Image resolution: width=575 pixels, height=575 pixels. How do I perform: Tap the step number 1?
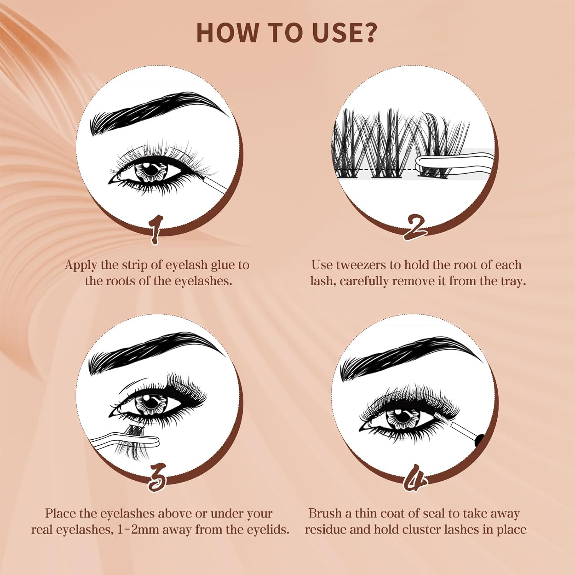[156, 230]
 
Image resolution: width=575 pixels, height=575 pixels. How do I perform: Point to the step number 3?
[157, 477]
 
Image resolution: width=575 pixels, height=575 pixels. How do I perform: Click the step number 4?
[416, 478]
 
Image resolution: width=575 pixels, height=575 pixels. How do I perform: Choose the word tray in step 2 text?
[513, 281]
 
